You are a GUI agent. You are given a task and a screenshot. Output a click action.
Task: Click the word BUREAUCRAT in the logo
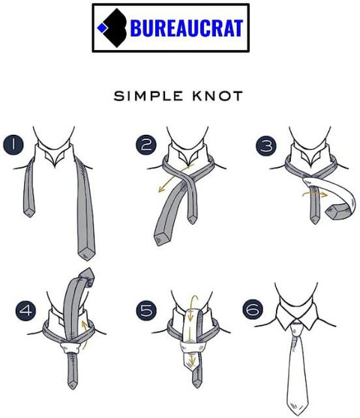point(187,28)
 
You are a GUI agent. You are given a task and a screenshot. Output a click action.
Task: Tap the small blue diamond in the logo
point(102,28)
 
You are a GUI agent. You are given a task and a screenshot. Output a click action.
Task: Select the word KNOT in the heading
point(217,96)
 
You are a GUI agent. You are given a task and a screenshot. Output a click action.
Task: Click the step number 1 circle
point(13,145)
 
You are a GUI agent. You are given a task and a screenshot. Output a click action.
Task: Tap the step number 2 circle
point(146,145)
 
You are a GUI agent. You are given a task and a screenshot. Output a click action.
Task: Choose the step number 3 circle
point(266,146)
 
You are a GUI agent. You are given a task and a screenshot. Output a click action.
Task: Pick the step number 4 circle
point(25,310)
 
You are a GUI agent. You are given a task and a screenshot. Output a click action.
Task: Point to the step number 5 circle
point(146,310)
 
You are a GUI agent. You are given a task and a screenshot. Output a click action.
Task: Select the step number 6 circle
point(253,309)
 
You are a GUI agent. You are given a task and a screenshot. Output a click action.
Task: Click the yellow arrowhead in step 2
point(161,190)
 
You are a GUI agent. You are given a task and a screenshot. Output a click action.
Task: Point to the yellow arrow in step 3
point(315,193)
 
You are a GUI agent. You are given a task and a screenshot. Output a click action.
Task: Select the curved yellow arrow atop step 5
point(193,304)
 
